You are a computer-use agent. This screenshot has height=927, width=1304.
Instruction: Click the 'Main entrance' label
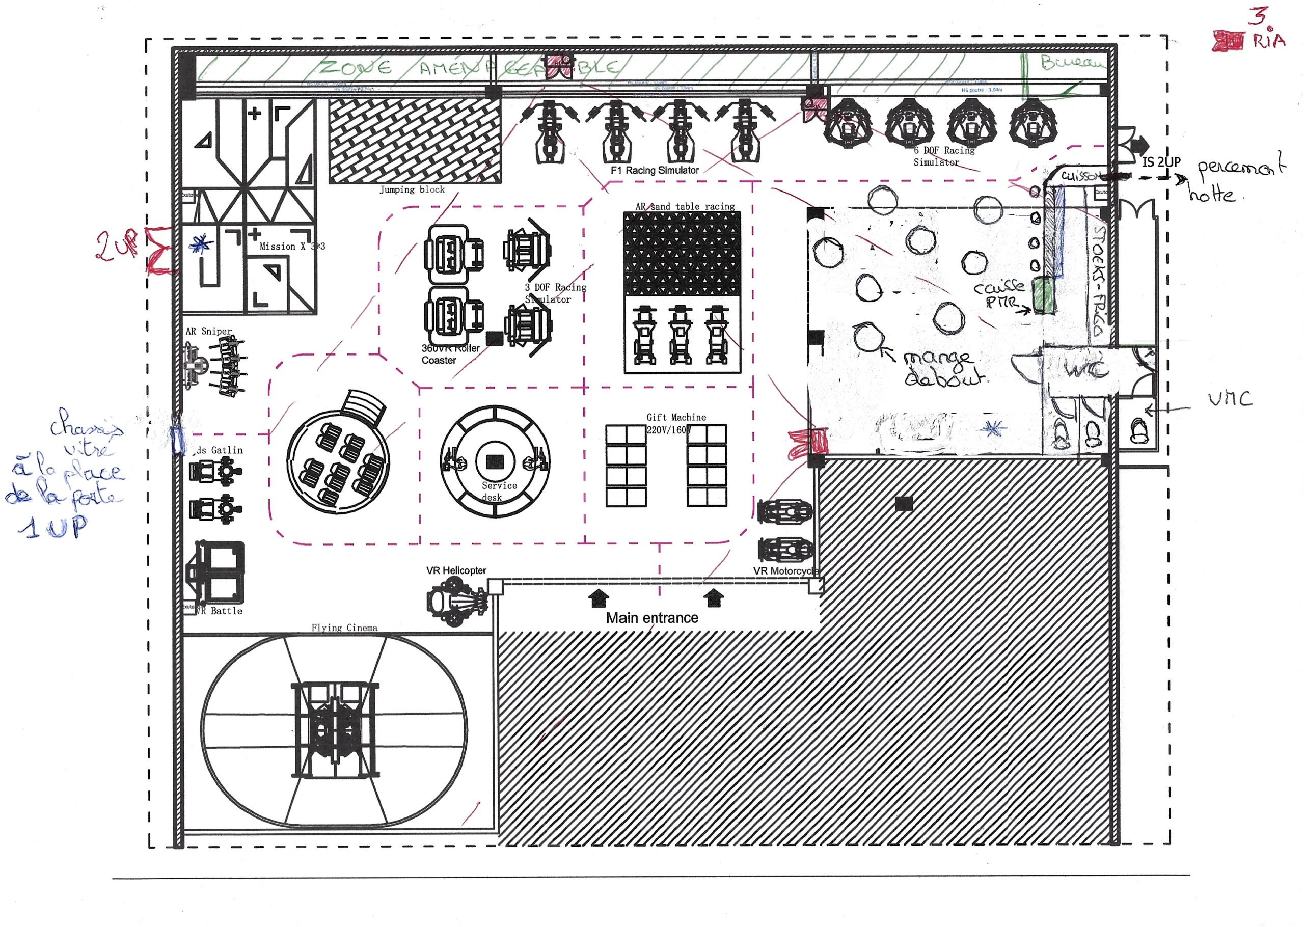(x=651, y=618)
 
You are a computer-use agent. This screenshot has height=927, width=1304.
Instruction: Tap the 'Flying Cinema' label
(x=344, y=628)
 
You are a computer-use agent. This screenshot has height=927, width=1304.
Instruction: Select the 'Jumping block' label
(x=412, y=189)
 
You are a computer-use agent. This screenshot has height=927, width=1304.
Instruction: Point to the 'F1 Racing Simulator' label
(x=655, y=170)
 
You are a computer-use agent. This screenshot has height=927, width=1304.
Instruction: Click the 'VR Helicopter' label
(x=456, y=570)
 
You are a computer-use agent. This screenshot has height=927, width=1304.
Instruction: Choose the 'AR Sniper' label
(x=208, y=331)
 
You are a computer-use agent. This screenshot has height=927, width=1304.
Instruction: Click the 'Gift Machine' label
(x=676, y=417)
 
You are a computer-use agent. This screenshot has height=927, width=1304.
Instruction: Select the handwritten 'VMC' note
(x=1230, y=399)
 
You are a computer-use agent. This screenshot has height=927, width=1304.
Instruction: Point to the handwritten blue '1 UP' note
(x=52, y=528)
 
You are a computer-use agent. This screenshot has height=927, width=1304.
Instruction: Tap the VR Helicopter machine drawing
(x=457, y=601)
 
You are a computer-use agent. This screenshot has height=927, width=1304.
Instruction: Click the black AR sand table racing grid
(x=682, y=254)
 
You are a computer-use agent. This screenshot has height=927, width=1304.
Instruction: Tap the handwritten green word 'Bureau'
(x=1071, y=62)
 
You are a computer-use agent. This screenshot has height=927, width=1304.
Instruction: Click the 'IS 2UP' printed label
(x=1161, y=162)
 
